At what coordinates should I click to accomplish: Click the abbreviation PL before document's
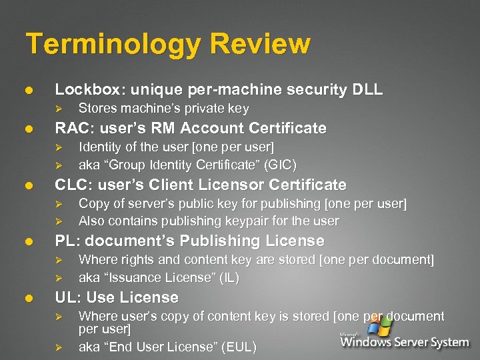(64, 241)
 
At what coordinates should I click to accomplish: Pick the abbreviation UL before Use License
(65, 297)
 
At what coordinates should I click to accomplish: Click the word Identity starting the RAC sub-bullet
(99, 146)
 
